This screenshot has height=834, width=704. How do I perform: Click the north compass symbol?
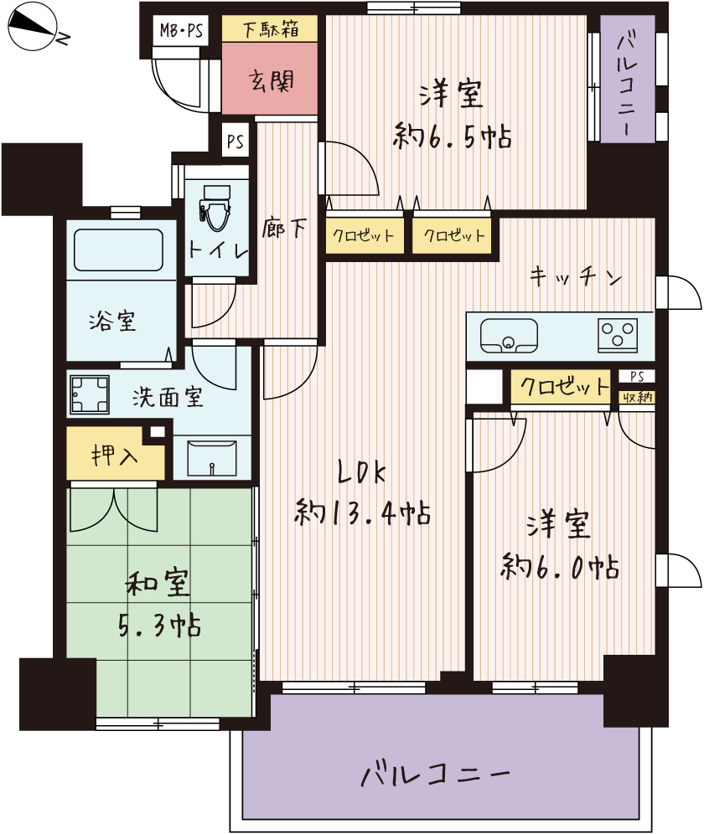(33, 26)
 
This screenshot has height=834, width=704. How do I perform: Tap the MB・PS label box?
(180, 30)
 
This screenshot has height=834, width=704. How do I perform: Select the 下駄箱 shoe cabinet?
(270, 28)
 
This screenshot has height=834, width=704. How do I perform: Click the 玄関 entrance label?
(271, 81)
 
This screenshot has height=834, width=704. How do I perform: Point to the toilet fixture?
(215, 208)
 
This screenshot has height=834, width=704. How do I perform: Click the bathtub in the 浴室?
(118, 250)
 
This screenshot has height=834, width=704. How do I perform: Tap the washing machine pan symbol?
(89, 394)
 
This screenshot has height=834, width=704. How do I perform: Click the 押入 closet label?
(115, 456)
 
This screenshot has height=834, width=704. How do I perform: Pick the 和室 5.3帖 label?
(159, 604)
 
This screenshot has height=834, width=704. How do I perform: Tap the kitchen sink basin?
(509, 336)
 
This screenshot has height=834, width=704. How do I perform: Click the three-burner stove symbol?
(618, 335)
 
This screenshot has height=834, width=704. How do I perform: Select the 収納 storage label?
(638, 397)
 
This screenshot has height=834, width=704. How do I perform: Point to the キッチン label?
(576, 276)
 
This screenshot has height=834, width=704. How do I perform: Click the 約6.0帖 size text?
(560, 566)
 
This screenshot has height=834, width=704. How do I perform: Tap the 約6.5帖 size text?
(452, 136)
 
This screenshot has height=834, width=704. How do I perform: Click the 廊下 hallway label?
(284, 229)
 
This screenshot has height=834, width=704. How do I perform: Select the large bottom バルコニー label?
(435, 775)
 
